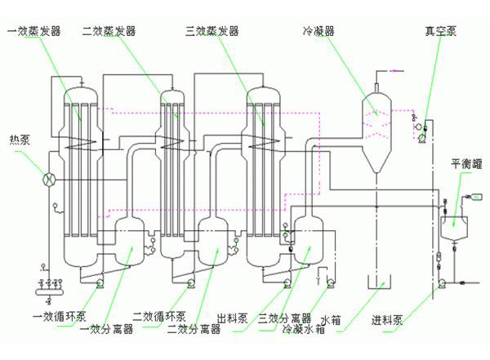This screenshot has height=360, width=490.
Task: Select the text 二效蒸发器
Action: (x=108, y=32)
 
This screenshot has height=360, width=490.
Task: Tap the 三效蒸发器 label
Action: (x=212, y=32)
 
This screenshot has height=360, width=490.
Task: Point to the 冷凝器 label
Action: (x=318, y=32)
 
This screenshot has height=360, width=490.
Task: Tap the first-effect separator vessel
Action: (x=130, y=238)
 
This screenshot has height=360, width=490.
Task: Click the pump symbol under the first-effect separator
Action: (x=100, y=284)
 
